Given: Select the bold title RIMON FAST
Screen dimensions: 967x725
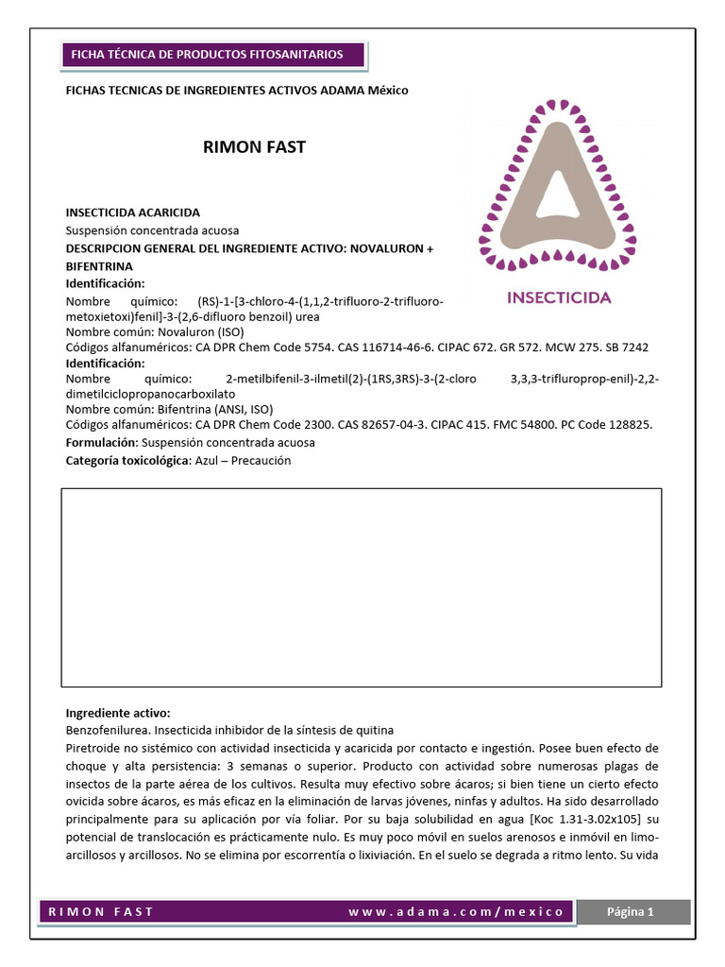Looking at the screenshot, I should point(254,147).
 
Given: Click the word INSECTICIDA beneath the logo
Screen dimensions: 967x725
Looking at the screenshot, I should point(559,297).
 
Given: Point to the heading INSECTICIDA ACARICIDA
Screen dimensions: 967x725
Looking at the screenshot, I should point(132,213).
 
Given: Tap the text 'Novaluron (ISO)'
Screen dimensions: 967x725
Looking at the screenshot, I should point(193,332).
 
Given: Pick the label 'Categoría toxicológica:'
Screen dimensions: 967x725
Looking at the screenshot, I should point(128,461).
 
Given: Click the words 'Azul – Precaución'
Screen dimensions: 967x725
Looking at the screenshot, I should point(243,461).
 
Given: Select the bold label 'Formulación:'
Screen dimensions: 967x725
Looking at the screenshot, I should point(102,443).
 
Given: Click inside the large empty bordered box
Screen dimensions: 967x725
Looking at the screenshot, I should point(362,587).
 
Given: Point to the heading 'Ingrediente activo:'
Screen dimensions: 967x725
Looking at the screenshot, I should point(118,713).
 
